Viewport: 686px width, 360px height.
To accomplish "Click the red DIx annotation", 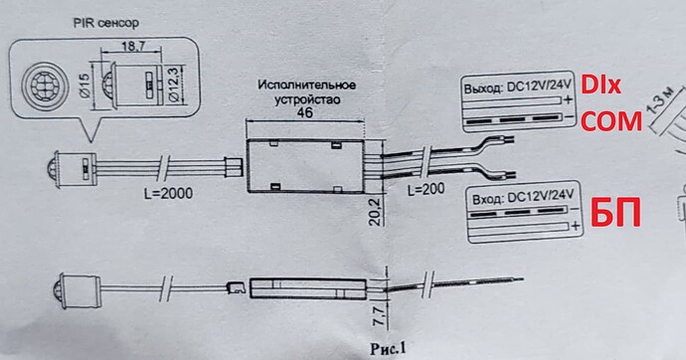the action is [x=600, y=86].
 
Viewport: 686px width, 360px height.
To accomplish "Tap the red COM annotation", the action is [x=611, y=121].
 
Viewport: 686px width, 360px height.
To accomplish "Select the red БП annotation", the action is [x=616, y=213].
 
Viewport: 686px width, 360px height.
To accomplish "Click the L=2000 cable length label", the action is [x=168, y=193].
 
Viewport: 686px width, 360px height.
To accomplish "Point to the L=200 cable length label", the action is [x=426, y=189].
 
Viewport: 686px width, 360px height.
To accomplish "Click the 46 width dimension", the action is [x=304, y=112].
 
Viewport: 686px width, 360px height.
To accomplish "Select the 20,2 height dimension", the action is [x=376, y=210].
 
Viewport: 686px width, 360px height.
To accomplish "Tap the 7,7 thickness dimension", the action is [x=379, y=316].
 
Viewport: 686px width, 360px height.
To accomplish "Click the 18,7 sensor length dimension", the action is [x=133, y=47].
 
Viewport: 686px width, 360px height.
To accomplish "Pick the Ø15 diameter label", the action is [x=85, y=85].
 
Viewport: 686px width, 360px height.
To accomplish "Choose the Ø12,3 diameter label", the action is [x=174, y=85].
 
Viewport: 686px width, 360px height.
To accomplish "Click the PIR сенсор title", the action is [x=105, y=23].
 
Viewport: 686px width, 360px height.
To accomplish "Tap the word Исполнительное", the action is [x=306, y=85].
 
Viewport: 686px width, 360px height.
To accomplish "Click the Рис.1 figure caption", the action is [x=388, y=348].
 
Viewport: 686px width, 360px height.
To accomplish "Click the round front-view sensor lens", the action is [x=46, y=86].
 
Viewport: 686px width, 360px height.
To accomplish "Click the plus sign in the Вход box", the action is [x=576, y=226].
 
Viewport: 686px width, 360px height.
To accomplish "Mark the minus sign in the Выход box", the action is [x=570, y=116].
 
